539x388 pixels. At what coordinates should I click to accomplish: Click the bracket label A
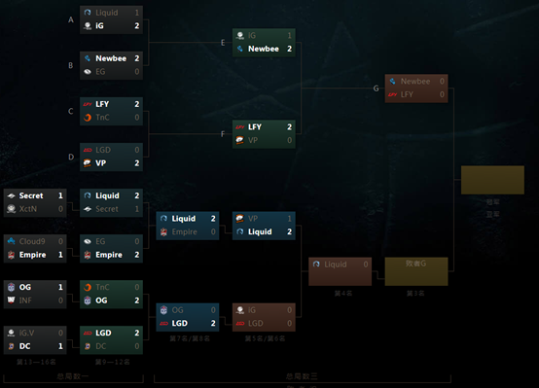tap(71, 19)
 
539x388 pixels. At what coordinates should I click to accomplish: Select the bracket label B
tap(71, 65)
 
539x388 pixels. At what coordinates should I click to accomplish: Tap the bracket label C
tap(71, 110)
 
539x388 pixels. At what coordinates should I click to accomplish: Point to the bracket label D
tap(71, 156)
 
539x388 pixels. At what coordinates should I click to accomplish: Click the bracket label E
tap(223, 42)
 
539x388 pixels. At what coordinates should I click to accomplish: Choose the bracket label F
tap(223, 133)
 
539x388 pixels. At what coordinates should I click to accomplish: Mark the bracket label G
tap(376, 88)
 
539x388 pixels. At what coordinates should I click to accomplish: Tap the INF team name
tap(24, 300)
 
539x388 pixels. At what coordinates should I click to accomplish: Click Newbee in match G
tap(414, 82)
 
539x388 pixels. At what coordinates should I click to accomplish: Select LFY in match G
tap(408, 94)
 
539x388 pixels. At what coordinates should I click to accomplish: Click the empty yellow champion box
tap(491, 180)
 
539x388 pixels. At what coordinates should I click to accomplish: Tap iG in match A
tap(100, 26)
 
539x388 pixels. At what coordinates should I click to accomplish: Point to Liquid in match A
tap(106, 13)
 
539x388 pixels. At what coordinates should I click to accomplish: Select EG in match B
tap(100, 72)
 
